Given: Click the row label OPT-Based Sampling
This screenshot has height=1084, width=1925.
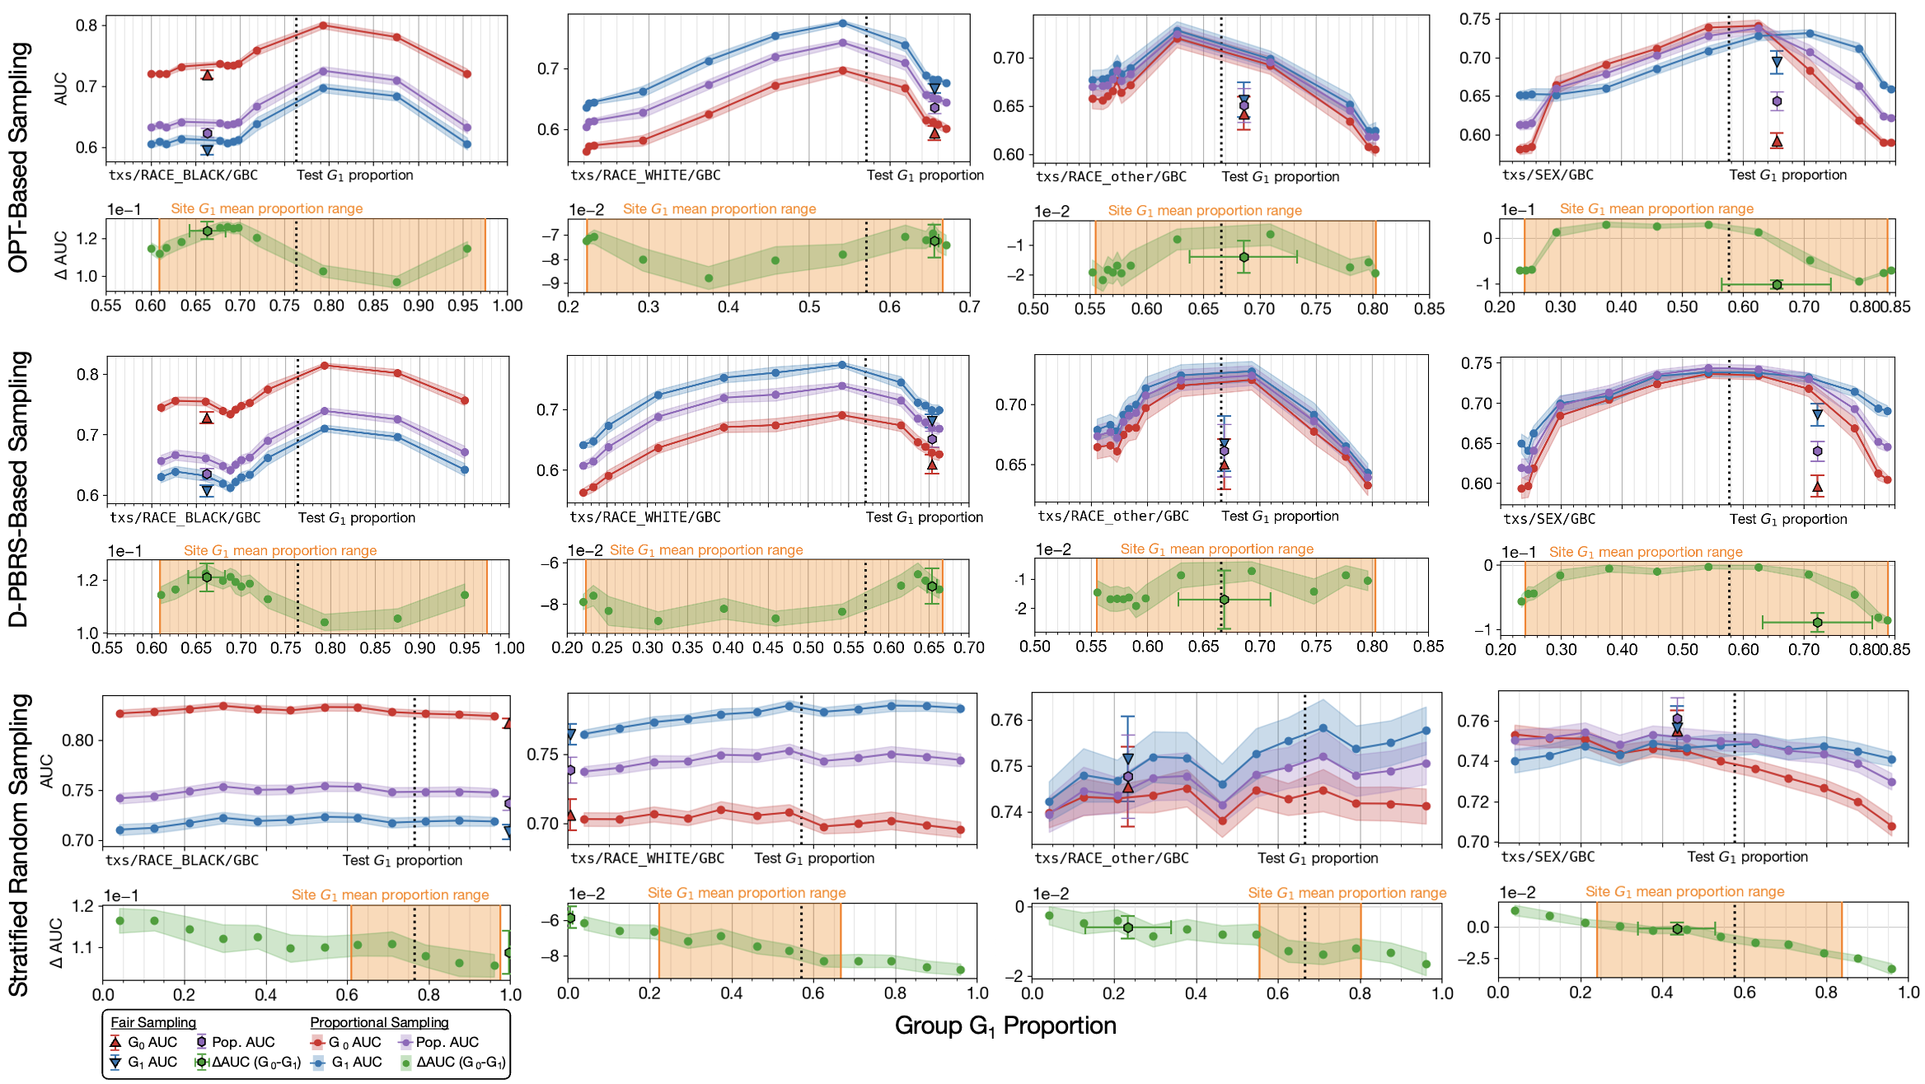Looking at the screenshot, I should (18, 157).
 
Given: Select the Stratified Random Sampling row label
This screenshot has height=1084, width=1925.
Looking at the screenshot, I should (18, 844).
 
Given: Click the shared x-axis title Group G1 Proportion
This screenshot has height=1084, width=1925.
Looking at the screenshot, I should (1005, 1026).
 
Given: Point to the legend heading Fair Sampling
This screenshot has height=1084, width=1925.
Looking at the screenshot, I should (153, 1022).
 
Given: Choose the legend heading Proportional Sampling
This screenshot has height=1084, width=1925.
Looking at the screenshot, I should (379, 1022).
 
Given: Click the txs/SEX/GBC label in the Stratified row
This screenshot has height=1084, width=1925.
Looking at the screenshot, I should (1548, 857).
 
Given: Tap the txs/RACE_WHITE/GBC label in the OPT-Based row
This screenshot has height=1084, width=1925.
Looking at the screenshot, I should (645, 175).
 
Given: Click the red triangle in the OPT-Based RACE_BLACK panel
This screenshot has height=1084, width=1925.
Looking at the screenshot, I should (208, 75).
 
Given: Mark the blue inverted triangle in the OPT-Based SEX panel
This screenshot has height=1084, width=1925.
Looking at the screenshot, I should (1777, 63).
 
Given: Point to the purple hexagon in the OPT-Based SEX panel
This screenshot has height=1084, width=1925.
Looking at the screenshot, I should (1777, 101).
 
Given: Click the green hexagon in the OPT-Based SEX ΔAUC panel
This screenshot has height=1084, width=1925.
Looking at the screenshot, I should (1777, 285).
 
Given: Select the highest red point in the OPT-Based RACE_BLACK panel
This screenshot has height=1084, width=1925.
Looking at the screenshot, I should (323, 26).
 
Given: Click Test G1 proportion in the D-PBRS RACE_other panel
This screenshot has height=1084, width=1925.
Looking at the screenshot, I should (1280, 516).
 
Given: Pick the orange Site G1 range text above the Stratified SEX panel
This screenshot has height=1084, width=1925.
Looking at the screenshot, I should (1684, 891).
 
